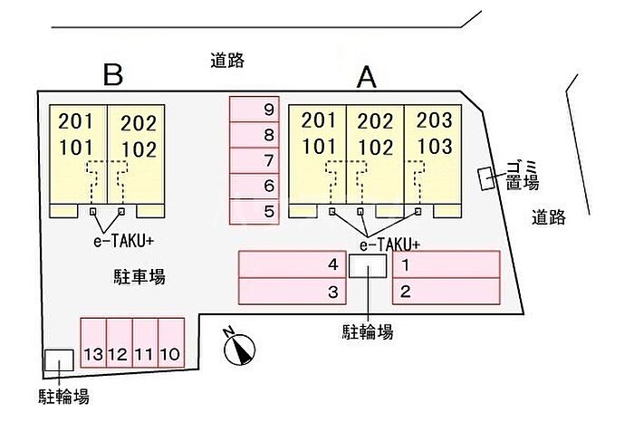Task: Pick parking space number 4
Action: pos(293,264)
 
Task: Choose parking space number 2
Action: pos(447,291)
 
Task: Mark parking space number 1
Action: pos(447,264)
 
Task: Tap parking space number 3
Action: pos(293,291)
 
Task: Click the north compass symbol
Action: pos(240,348)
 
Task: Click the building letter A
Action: pos(366,78)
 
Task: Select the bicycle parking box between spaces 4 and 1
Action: pos(368,265)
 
